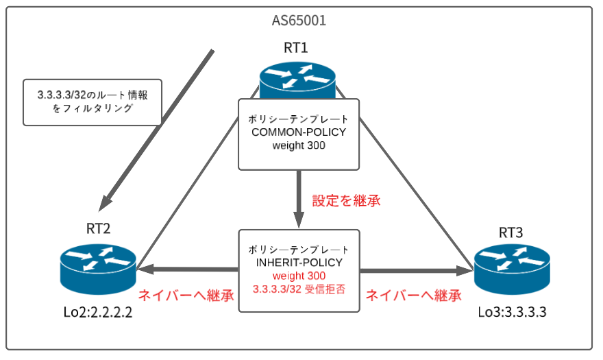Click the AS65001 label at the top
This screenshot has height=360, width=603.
(x=299, y=21)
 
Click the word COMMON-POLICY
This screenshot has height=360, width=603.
(x=299, y=132)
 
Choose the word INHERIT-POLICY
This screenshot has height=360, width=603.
(x=298, y=262)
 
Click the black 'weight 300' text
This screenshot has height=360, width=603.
(x=299, y=145)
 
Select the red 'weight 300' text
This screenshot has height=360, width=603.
(x=298, y=275)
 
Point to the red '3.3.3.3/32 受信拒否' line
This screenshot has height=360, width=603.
(x=298, y=289)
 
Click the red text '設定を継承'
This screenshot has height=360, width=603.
(x=346, y=201)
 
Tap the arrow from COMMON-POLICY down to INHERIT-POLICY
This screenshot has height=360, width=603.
(x=299, y=199)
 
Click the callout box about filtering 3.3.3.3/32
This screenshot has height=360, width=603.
(x=93, y=101)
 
